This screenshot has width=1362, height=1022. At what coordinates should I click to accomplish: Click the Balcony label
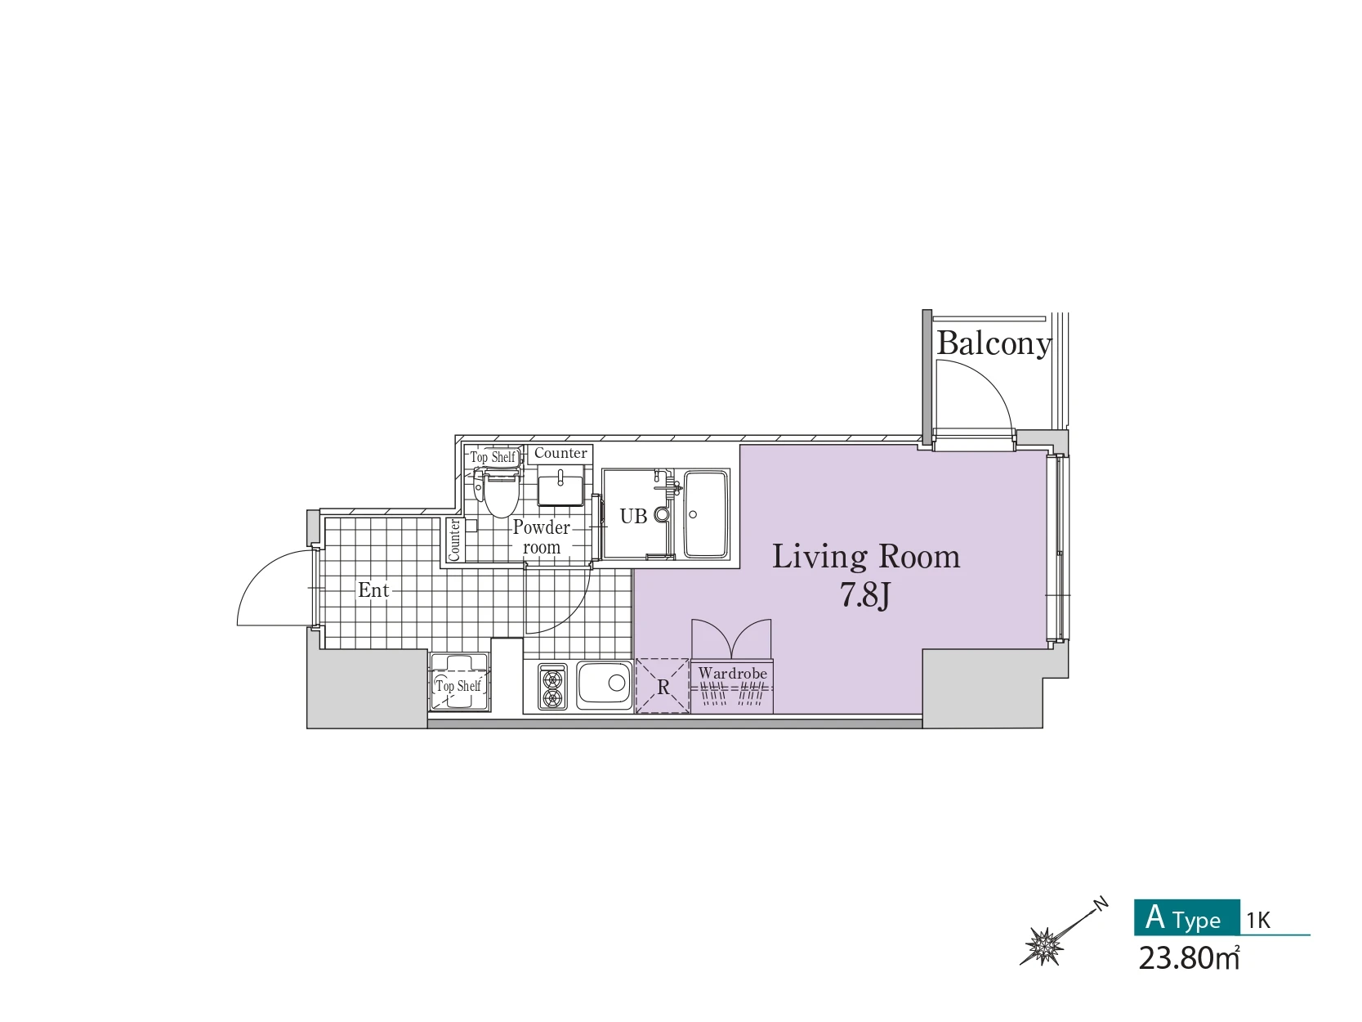(x=994, y=343)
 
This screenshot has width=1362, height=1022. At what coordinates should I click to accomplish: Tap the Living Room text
(x=865, y=556)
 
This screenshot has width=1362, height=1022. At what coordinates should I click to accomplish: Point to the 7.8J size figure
(x=865, y=595)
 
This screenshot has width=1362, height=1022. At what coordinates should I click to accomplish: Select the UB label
(x=633, y=516)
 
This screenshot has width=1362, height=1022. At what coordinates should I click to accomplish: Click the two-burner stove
(x=552, y=688)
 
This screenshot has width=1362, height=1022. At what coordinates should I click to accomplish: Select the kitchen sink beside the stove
(x=605, y=685)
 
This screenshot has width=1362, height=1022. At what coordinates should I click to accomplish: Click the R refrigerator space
(x=663, y=686)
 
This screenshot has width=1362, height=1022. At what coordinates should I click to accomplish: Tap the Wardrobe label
(x=732, y=673)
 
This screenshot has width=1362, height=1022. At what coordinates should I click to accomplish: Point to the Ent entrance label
(x=373, y=589)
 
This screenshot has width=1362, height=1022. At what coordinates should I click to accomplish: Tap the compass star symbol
(x=1044, y=946)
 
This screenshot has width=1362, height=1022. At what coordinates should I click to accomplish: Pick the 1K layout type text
(x=1258, y=920)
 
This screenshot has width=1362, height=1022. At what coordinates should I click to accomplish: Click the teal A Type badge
(x=1187, y=917)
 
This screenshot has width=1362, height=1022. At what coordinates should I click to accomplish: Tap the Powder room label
(x=542, y=537)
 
